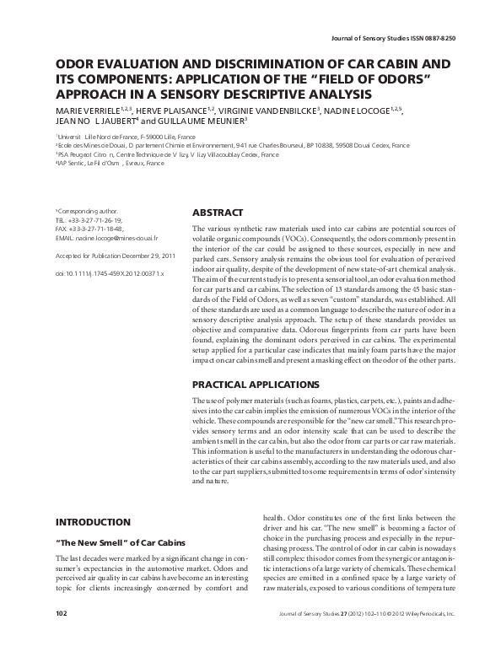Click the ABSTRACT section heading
tap(218, 213)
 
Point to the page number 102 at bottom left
tap(61, 637)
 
